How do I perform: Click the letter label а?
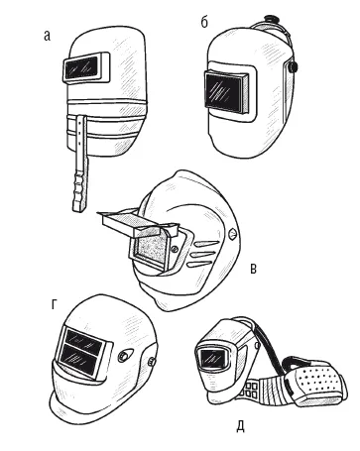point(48,36)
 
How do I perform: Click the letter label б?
point(204,22)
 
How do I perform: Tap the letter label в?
point(253,269)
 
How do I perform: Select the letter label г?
point(55,305)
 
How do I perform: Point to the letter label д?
point(241,426)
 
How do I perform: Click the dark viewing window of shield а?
point(82,67)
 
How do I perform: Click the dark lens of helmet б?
point(223,90)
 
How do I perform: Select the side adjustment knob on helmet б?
point(293,67)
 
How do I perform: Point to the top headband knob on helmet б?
point(271,18)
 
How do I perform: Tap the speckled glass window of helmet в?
point(150,248)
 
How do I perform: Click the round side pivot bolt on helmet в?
point(233,234)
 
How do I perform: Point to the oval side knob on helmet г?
point(126,356)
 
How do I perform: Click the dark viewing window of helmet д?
point(209,358)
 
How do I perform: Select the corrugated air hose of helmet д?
point(268,391)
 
